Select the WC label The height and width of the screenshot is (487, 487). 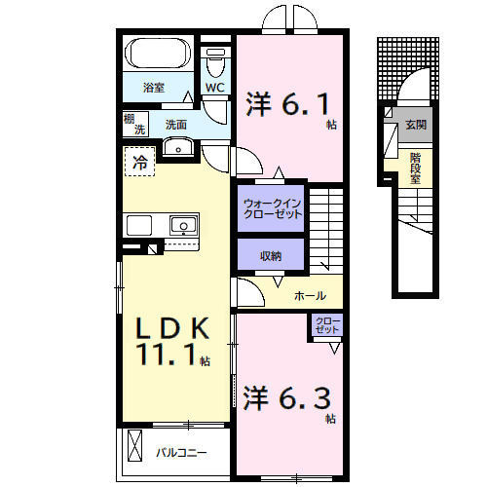[216, 88]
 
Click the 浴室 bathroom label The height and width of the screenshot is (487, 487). [154, 88]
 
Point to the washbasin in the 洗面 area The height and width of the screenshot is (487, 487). [178, 147]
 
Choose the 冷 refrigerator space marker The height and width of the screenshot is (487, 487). [140, 163]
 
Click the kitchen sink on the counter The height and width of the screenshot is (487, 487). [182, 226]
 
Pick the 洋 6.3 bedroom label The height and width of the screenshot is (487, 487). [289, 399]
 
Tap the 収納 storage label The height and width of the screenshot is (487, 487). [271, 256]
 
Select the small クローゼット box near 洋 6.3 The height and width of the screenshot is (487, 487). [326, 325]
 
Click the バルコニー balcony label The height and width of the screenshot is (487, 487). [181, 453]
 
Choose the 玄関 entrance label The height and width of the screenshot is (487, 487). [416, 126]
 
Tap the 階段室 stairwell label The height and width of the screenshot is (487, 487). [416, 162]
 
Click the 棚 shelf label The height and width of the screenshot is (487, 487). [130, 119]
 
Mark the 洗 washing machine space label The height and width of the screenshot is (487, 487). [139, 130]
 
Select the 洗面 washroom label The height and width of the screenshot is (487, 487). [175, 125]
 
